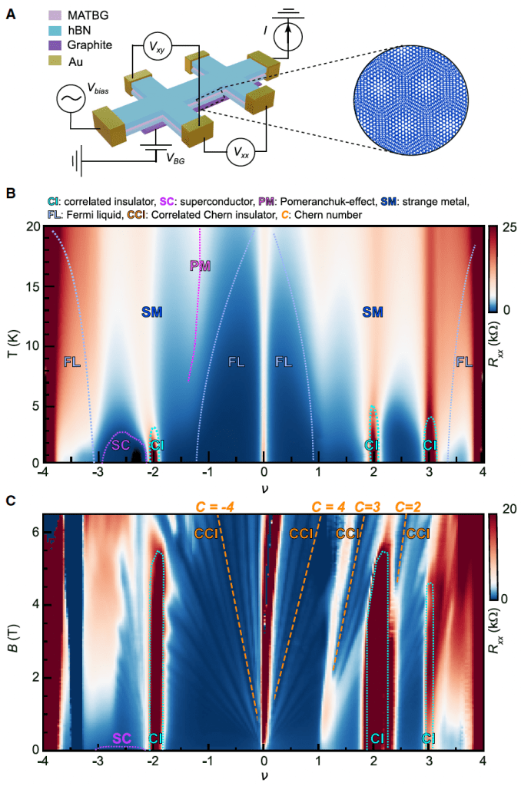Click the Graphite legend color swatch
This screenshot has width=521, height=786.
(x=55, y=45)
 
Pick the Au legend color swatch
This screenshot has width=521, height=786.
(x=55, y=59)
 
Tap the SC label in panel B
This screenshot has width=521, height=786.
(x=121, y=444)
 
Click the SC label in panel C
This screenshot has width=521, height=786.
(x=122, y=738)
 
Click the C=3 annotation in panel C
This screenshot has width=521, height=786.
(x=371, y=507)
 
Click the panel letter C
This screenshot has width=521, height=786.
(x=10, y=500)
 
